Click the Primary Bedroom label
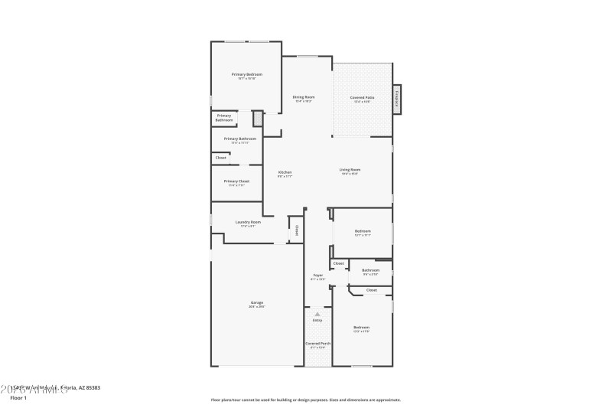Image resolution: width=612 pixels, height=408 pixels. [247, 74]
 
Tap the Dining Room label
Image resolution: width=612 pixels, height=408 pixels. [304, 97]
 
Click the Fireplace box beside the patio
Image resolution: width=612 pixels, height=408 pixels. [396, 99]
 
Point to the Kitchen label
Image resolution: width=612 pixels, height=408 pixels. [285, 172]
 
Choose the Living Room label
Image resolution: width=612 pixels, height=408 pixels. [350, 170]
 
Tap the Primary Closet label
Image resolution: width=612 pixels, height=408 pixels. [236, 181]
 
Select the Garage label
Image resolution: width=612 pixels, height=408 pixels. [257, 302]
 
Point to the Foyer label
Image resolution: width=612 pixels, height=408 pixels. [317, 275]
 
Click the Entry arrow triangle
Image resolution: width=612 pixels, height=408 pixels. [317, 314]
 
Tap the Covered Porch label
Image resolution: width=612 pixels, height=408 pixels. [317, 344]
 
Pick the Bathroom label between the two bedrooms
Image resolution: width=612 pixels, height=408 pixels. [371, 269]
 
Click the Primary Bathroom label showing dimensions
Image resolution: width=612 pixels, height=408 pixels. [239, 139]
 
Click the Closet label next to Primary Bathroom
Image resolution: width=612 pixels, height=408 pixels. [220, 158]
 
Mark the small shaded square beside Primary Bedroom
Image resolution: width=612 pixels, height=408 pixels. [258, 119]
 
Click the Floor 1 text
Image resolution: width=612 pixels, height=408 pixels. [18, 398]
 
